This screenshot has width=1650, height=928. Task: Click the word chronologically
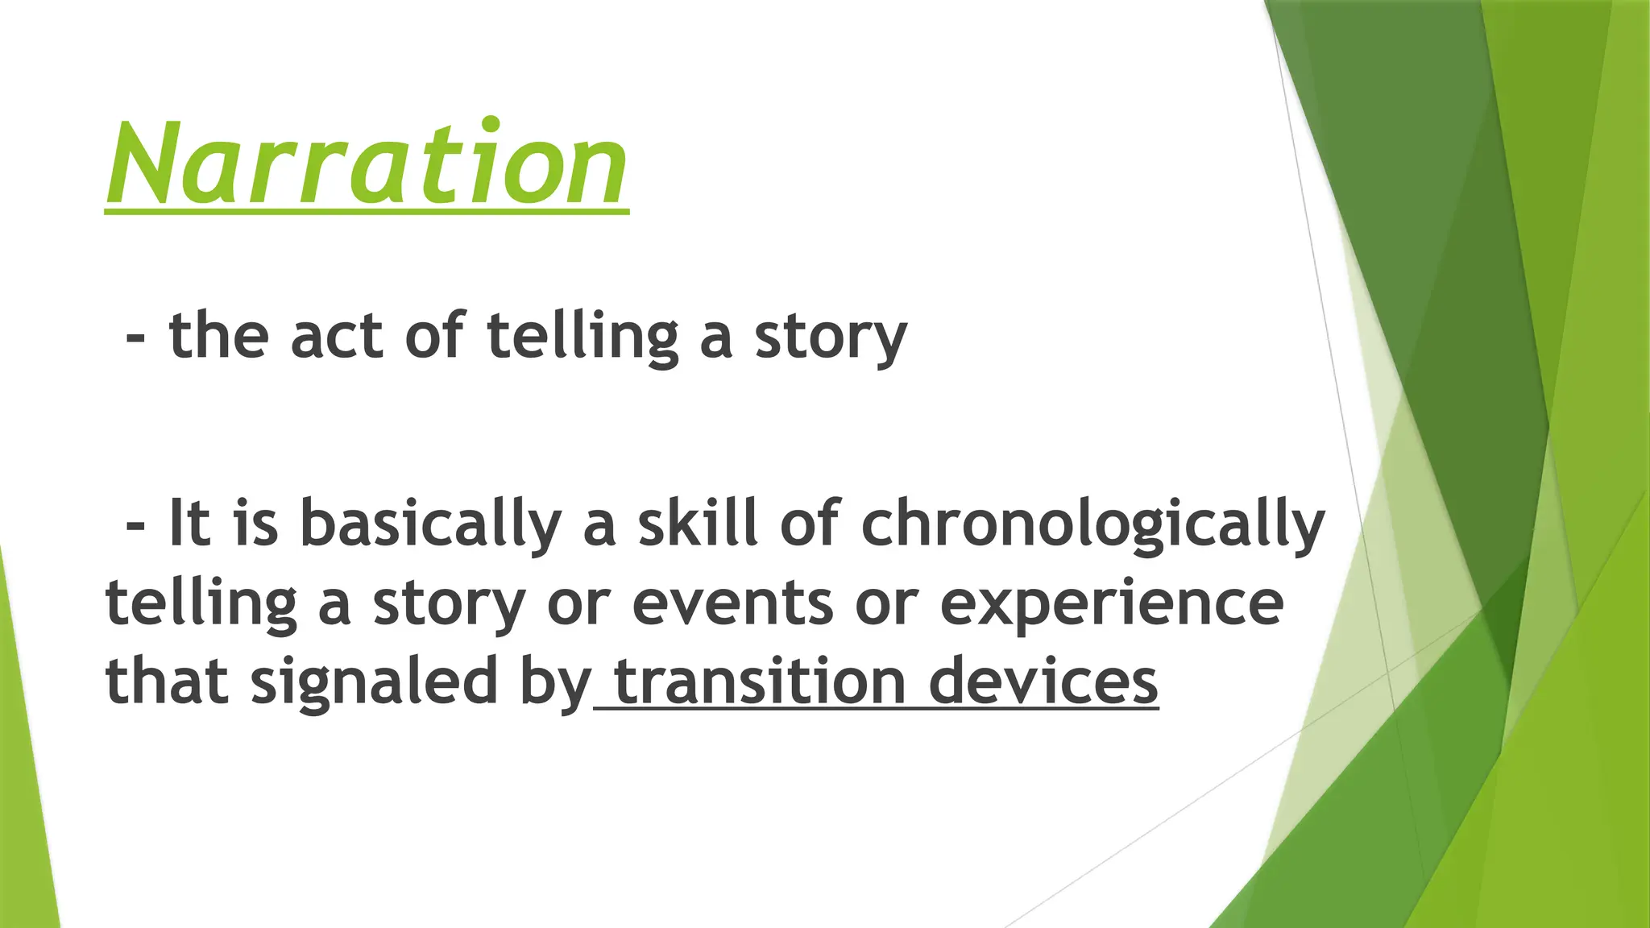click(x=1092, y=524)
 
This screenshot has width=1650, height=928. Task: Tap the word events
click(x=732, y=603)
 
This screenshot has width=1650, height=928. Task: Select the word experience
click(x=1112, y=605)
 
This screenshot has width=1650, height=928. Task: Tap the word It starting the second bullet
click(x=190, y=523)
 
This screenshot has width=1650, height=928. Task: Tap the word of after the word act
click(x=435, y=336)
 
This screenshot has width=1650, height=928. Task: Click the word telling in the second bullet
click(x=201, y=603)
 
